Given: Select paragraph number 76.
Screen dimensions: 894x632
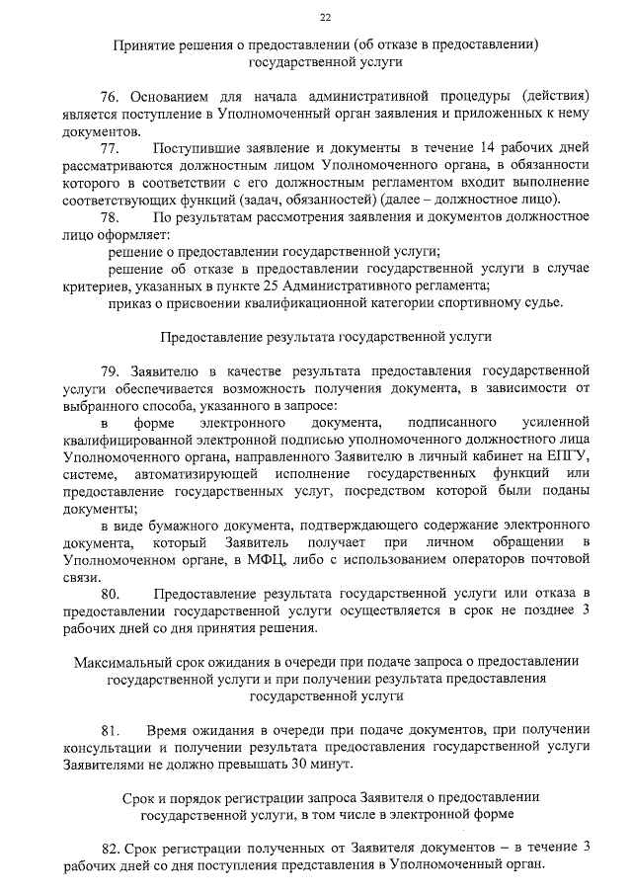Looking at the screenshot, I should coord(111,98).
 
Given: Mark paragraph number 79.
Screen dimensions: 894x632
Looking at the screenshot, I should coord(111,371).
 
